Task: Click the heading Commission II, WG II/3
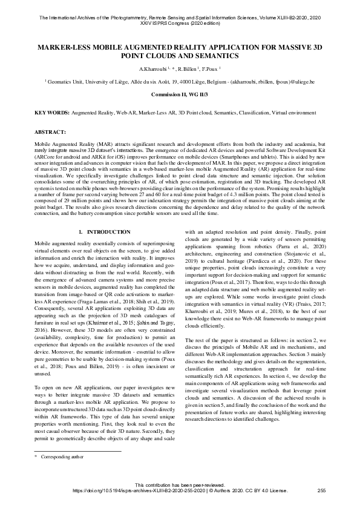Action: (x=180, y=95)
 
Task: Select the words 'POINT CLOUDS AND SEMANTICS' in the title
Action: (x=180, y=56)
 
